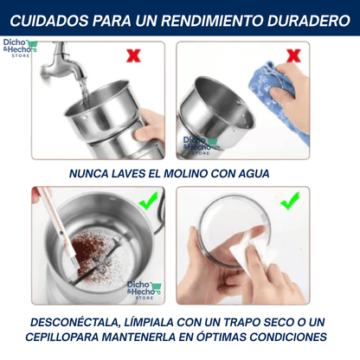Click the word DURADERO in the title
[x=308, y=21]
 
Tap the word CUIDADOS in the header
[x=49, y=21]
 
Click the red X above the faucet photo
[x=133, y=55]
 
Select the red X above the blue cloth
[x=293, y=55]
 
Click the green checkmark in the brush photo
[x=148, y=201]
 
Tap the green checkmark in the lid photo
[x=290, y=201]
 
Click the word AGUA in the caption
[x=254, y=174]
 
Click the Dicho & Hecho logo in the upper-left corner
[x=20, y=48]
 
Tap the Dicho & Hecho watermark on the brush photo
[x=144, y=291]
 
